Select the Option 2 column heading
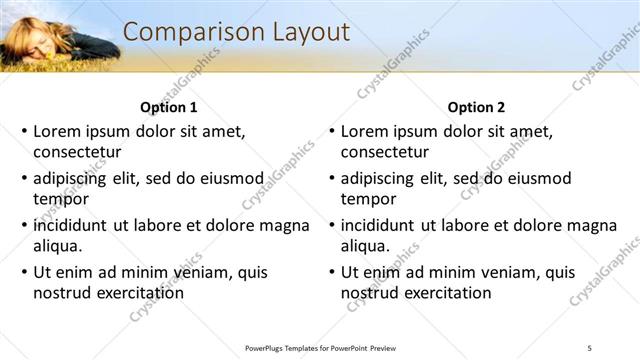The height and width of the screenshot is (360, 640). pos(477,107)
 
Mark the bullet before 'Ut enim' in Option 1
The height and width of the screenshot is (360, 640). pos(24,272)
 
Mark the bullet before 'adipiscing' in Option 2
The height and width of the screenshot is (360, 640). pos(332,178)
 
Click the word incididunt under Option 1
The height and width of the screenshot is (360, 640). pos(70,225)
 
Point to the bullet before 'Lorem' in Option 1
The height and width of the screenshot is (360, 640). pos(24,131)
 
